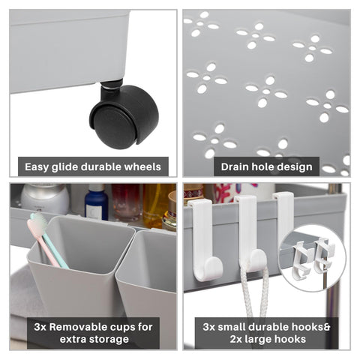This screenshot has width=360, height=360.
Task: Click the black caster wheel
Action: click(124, 116)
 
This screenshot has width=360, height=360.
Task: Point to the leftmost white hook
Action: click(205, 240)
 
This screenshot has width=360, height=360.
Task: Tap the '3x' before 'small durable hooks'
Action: click(208, 327)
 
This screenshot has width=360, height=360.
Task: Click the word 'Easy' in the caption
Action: click(37, 167)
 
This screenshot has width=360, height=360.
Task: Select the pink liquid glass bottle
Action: click(127, 202)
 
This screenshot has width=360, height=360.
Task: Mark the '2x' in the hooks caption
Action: click(235, 340)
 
